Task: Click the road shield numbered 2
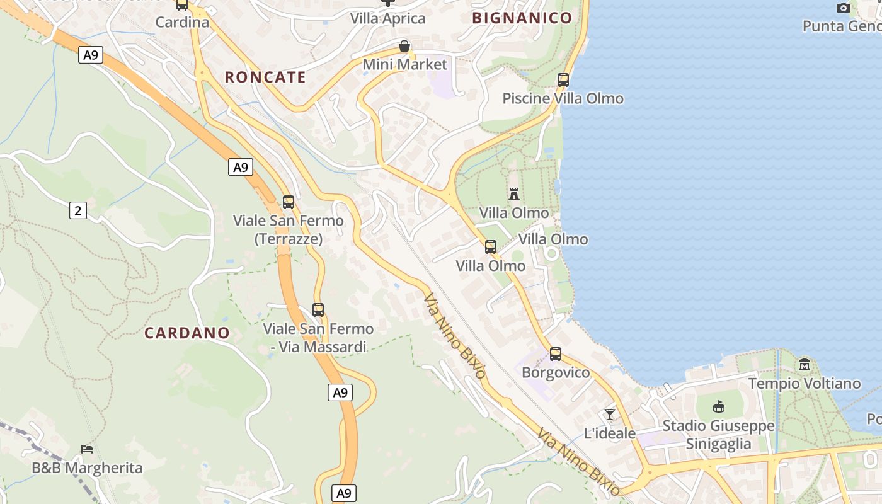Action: click(77, 210)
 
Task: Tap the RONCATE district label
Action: click(265, 77)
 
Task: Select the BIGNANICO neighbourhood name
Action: click(522, 18)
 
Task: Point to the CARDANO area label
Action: click(187, 333)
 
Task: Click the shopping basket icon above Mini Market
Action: click(404, 47)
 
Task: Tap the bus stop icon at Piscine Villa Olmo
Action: click(563, 80)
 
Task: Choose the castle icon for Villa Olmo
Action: click(514, 193)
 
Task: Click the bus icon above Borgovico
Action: click(555, 354)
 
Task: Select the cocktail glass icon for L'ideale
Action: click(609, 415)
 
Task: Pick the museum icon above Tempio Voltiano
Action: click(805, 365)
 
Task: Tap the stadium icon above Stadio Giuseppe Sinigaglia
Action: click(719, 407)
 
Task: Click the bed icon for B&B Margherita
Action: click(87, 449)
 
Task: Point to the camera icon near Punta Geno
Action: click(843, 8)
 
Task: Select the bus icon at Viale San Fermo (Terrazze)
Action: click(289, 202)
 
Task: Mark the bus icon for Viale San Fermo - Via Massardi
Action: click(318, 310)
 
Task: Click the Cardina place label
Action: click(182, 22)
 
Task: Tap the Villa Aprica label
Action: click(388, 19)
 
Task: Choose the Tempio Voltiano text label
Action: click(805, 384)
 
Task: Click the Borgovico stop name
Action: click(556, 373)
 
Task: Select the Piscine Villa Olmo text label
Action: click(563, 99)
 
